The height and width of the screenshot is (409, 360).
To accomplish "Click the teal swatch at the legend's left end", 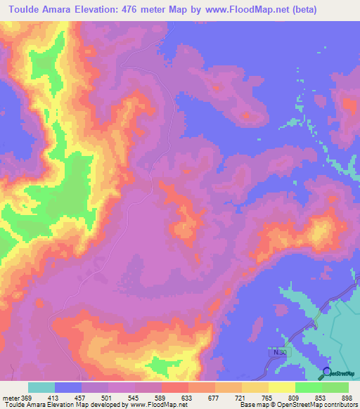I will coord(41,387).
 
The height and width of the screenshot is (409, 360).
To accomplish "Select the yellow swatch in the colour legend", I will coord(282,387).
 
